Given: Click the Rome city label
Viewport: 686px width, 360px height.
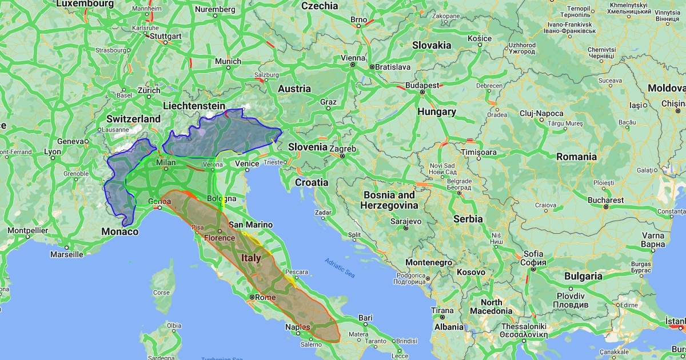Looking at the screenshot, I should click(x=266, y=298).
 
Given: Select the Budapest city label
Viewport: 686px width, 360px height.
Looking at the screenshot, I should click(x=422, y=85).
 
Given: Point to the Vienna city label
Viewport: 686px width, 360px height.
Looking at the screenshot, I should click(x=353, y=58).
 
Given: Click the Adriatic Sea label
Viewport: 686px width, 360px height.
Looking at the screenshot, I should click(x=339, y=268).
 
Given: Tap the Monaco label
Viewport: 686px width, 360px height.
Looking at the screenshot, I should click(x=119, y=231).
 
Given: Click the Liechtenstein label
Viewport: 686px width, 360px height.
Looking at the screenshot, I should click(x=194, y=106).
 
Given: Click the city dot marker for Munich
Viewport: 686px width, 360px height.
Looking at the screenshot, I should click(x=228, y=67).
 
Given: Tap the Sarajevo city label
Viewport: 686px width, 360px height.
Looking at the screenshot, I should click(x=405, y=221).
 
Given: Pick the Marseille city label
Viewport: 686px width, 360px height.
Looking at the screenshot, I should click(x=66, y=254).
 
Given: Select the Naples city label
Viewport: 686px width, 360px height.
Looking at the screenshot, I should click(x=298, y=327).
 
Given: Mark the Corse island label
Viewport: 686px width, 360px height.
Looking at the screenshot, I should click(x=162, y=292).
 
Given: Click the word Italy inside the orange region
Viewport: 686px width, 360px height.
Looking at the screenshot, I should click(x=251, y=258).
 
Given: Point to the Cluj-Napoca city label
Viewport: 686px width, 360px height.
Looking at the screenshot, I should click(x=542, y=113).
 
